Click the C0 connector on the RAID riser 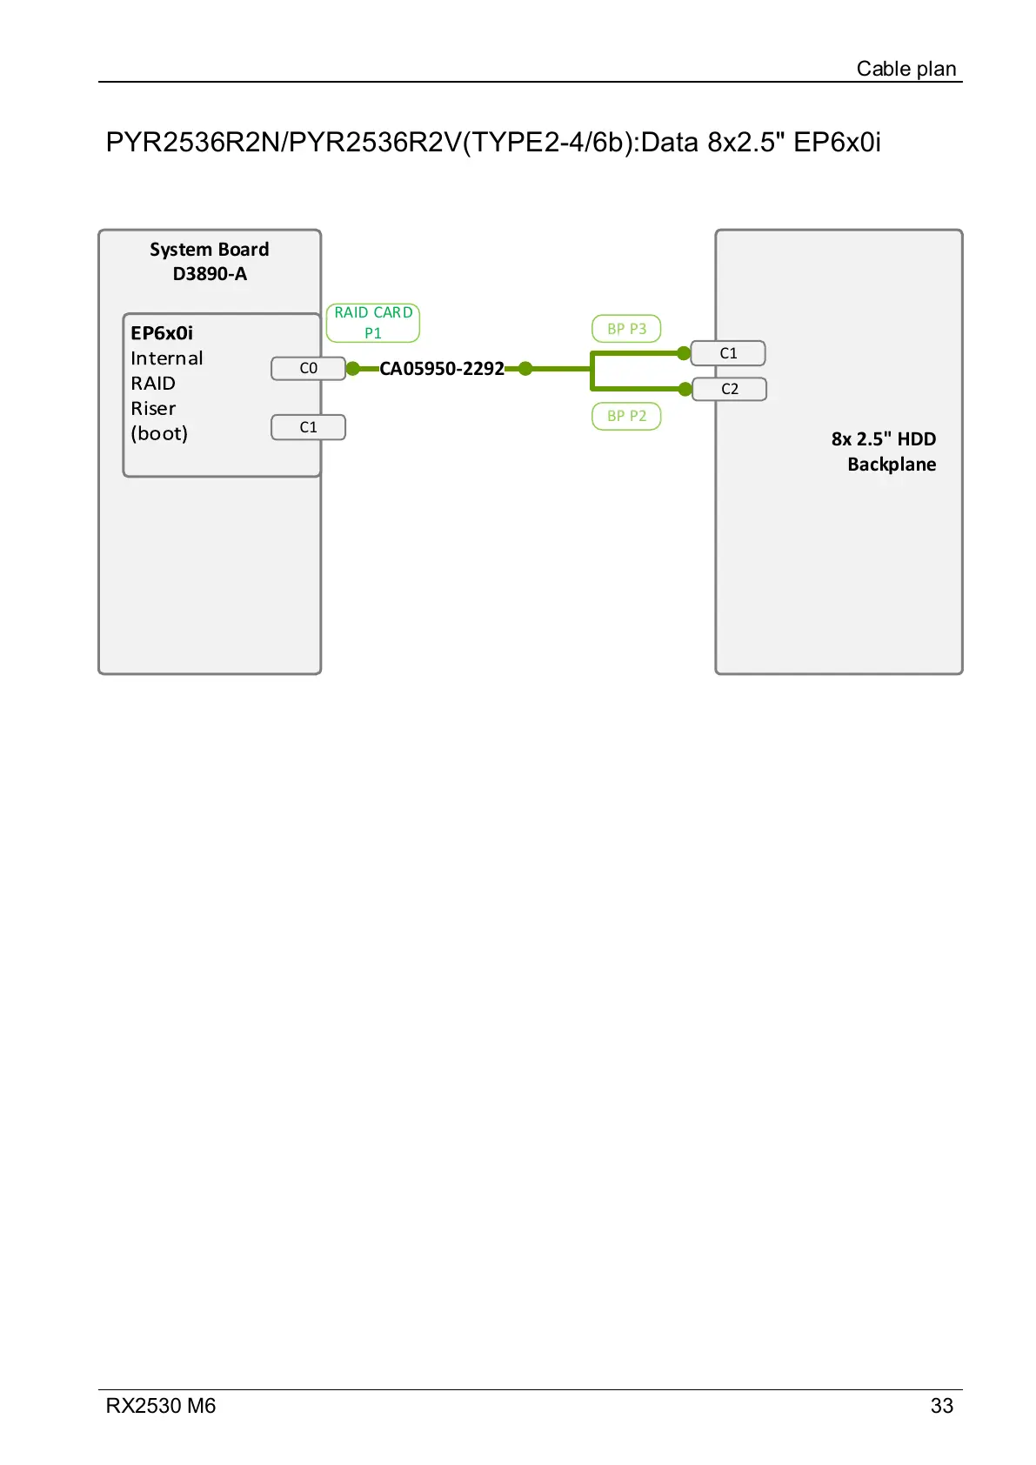308,369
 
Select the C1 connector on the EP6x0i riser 308,427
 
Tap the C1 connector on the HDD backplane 728,353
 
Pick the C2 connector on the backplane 729,389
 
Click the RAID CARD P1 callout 373,323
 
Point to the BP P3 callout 626,329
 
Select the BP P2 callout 626,416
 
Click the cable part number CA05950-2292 442,369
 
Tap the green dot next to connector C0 352,369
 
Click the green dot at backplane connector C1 684,353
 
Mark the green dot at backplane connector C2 685,389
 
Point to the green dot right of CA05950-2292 525,369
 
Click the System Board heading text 209,250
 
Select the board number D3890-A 209,274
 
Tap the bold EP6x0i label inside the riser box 162,333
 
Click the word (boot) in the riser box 159,433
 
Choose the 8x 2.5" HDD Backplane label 884,452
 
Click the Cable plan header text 906,69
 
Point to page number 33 941,1406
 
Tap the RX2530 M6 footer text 161,1406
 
